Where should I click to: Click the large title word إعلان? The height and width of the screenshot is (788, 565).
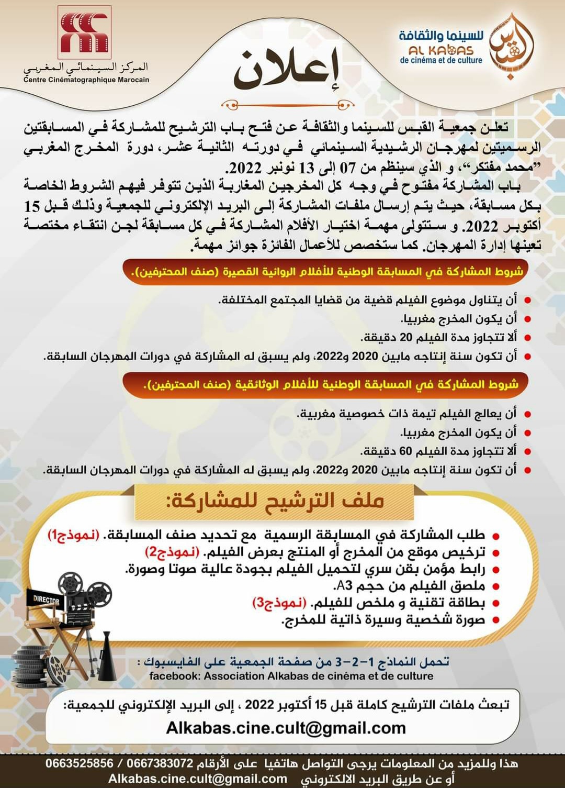287,71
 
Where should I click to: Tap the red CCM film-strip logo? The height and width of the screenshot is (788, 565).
84,32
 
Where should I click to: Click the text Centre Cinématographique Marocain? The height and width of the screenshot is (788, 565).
86,80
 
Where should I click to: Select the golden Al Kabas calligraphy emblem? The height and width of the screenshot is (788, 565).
511,47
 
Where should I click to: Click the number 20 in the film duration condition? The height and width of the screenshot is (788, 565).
406,338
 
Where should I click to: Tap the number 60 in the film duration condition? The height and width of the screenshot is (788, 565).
406,451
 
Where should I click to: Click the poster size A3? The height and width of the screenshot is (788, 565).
345,586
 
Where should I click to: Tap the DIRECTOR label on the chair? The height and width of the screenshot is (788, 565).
46,600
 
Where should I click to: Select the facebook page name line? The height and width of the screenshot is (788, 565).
291,676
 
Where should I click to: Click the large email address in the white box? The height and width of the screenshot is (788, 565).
286,728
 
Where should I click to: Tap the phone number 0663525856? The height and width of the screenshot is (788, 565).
79,763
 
